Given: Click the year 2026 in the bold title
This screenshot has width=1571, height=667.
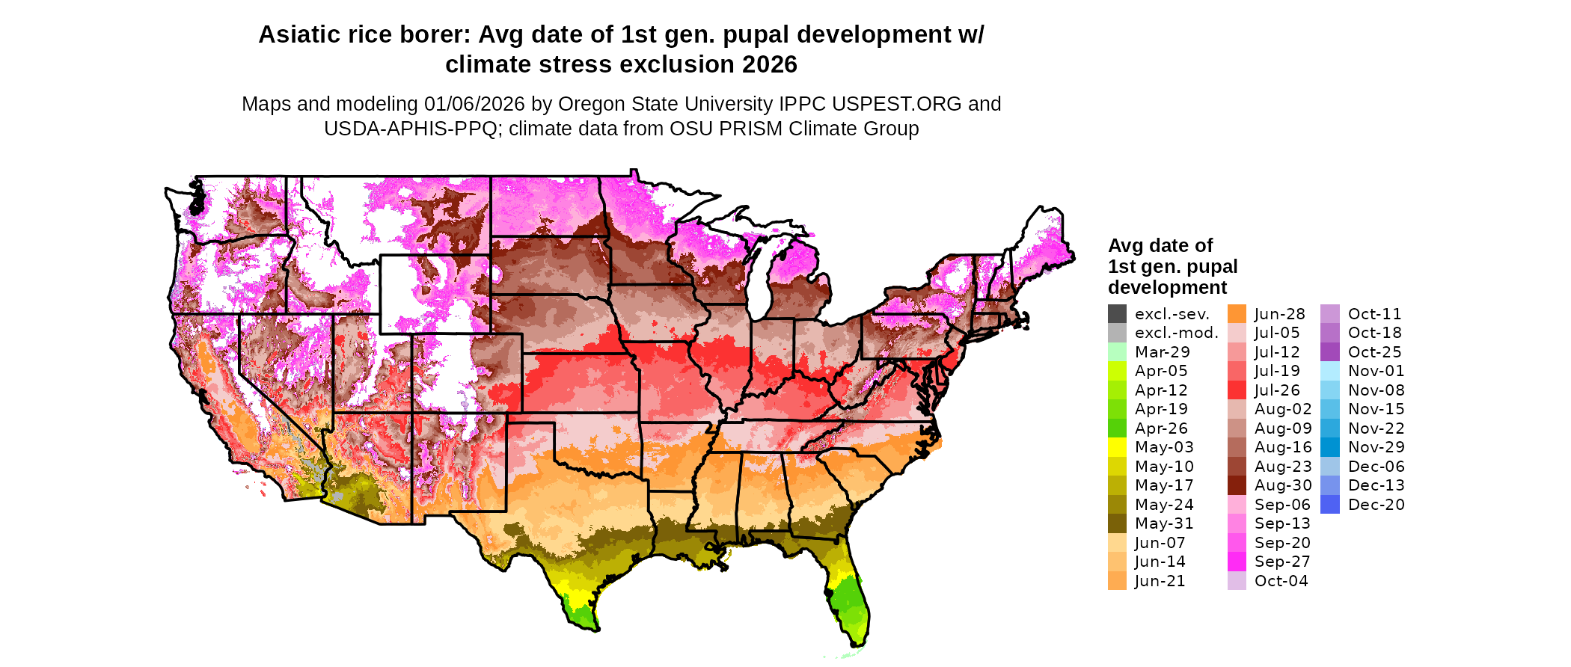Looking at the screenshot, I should pyautogui.click(x=770, y=65).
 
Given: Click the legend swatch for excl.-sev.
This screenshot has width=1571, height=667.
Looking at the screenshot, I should pyautogui.click(x=1117, y=314).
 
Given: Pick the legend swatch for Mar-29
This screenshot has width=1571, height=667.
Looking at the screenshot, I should pyautogui.click(x=1117, y=352).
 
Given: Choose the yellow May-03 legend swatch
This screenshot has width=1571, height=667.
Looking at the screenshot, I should pyautogui.click(x=1117, y=447).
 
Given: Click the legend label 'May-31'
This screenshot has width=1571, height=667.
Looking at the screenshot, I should pyautogui.click(x=1164, y=523).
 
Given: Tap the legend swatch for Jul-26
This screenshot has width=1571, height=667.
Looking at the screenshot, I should pyautogui.click(x=1237, y=390).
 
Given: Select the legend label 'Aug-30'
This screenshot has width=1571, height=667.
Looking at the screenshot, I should pyautogui.click(x=1283, y=485).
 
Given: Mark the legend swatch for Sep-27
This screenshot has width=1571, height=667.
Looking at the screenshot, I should pyautogui.click(x=1237, y=562).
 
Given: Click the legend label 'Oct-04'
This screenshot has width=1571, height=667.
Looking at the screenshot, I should pyautogui.click(x=1281, y=581).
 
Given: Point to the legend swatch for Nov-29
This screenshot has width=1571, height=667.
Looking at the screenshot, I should pyautogui.click(x=1330, y=447).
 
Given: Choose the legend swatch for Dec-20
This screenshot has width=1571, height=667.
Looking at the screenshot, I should pyautogui.click(x=1330, y=505).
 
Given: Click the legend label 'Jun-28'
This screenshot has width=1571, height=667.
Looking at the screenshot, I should pyautogui.click(x=1280, y=314).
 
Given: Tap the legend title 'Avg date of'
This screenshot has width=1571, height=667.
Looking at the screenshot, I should pyautogui.click(x=1160, y=246).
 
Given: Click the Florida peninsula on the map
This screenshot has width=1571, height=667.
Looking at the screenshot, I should pyautogui.click(x=849, y=598).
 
